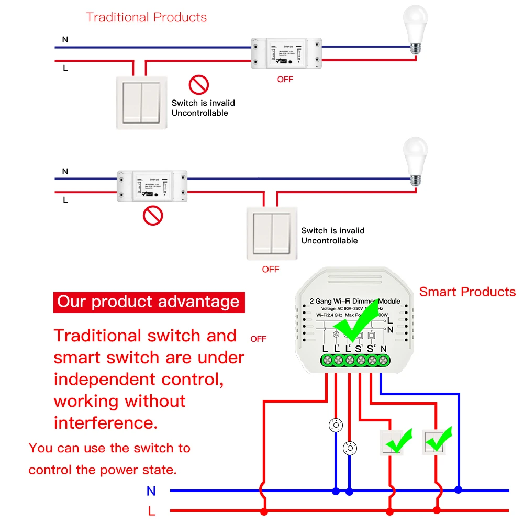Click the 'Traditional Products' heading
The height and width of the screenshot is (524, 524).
146,17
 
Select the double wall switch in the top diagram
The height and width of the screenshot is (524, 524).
142,102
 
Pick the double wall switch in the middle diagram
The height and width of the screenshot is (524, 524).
272,233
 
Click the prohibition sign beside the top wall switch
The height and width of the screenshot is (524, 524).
198,84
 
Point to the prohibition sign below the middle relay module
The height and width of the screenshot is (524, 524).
153,215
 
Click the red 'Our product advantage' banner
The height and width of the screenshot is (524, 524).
149,302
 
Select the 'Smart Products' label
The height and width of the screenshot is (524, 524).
467,292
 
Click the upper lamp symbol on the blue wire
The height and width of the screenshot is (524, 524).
336,426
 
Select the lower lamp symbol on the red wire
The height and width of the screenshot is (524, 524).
349,448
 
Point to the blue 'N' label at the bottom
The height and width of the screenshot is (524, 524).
151,491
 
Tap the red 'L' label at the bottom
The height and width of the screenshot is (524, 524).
151,511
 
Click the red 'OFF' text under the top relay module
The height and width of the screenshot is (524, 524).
285,80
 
